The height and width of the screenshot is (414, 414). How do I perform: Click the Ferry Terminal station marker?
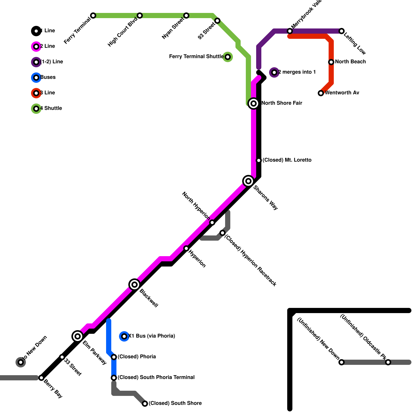(93, 16)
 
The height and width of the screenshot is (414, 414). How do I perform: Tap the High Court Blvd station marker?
(140, 16)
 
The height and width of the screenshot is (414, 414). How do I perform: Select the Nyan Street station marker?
(186, 16)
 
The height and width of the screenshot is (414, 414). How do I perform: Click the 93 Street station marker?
(217, 21)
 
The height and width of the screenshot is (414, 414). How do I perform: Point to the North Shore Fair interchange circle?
(254, 103)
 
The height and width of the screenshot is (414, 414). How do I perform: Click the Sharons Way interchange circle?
(248, 181)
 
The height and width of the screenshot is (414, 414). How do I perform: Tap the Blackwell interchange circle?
(135, 285)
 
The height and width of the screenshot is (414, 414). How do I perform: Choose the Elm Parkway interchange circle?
(78, 336)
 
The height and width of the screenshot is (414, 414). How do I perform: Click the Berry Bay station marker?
(41, 378)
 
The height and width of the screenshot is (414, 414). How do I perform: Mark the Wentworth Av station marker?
(321, 93)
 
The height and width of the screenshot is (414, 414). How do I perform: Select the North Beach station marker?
(331, 62)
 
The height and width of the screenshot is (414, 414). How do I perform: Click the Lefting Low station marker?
(342, 31)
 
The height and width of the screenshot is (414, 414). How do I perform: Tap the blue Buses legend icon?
(36, 78)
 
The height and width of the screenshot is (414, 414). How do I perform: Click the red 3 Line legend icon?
(36, 93)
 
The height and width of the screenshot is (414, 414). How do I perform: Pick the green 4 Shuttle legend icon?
(36, 109)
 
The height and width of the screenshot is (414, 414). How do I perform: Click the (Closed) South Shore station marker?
(145, 404)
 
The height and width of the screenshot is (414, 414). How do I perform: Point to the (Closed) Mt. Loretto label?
(287, 160)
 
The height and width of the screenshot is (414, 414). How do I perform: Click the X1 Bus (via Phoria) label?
(152, 336)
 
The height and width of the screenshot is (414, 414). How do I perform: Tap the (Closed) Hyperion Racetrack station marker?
(223, 233)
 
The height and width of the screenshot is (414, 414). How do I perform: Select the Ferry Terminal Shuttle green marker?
(228, 57)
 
